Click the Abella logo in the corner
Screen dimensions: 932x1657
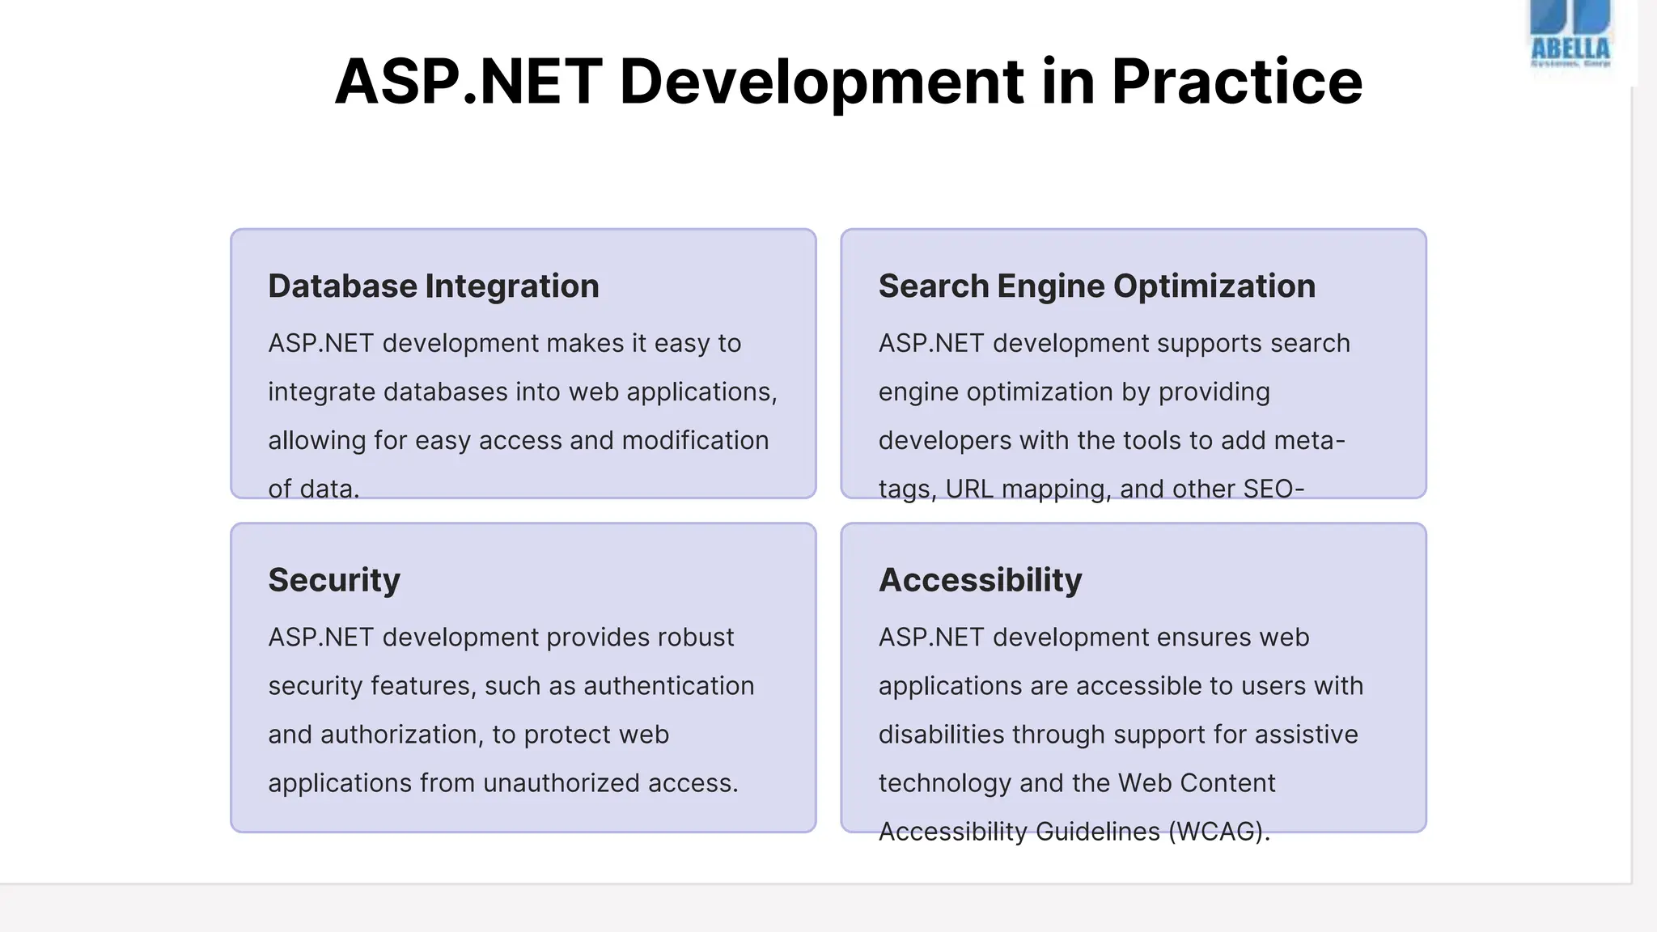click(1570, 36)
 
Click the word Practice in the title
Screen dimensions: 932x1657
click(1237, 82)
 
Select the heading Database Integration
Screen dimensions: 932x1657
click(434, 286)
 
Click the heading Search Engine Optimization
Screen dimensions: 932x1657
click(1096, 286)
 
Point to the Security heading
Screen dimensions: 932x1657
click(334, 580)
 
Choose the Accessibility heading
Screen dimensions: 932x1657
click(980, 580)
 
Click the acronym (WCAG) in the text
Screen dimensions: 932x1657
click(1219, 832)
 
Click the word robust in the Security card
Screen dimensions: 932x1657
click(695, 638)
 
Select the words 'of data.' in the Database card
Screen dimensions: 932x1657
click(314, 489)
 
